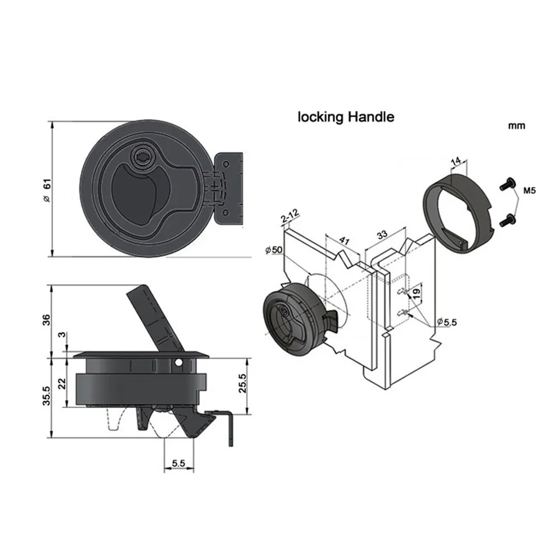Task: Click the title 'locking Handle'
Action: (346, 117)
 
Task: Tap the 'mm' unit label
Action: (516, 126)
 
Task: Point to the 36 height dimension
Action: (46, 320)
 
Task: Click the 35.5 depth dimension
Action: (46, 396)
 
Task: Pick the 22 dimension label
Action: (62, 384)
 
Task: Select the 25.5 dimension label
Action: (242, 383)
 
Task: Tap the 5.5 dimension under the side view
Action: (178, 463)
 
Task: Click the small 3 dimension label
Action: (62, 335)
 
